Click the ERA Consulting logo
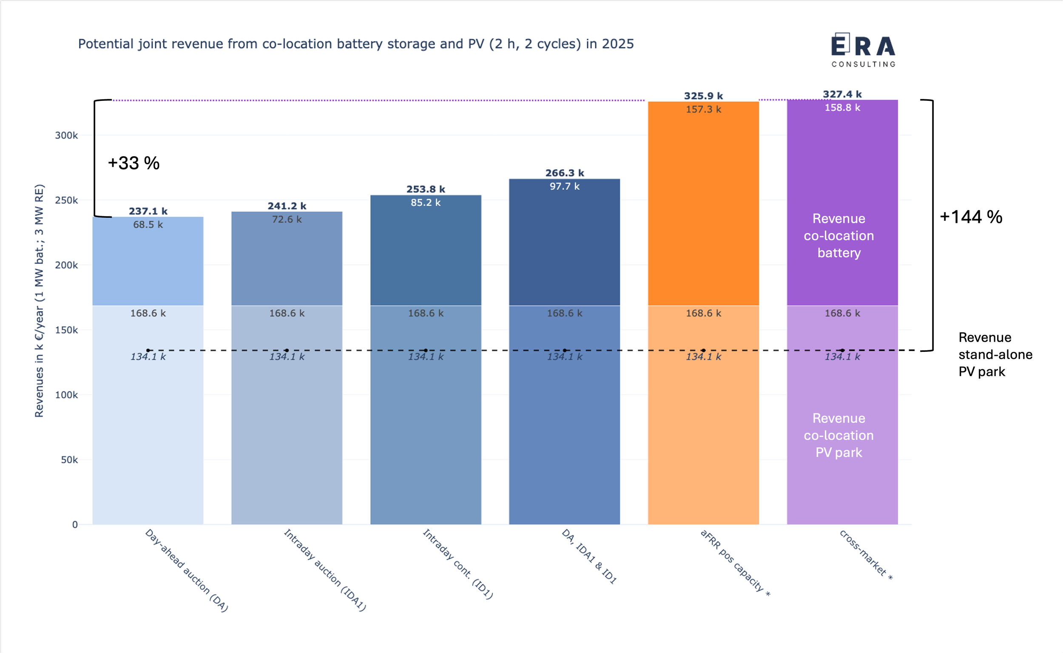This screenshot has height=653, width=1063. [x=863, y=50]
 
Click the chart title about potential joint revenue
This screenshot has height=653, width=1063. [x=355, y=44]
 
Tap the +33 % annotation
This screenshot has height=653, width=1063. [x=134, y=163]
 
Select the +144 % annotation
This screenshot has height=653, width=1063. [x=971, y=217]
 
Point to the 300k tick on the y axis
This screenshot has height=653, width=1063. [x=66, y=136]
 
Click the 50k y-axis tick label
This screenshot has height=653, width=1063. [x=69, y=460]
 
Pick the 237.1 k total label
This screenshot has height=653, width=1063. [x=148, y=211]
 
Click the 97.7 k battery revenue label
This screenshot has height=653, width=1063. [x=565, y=187]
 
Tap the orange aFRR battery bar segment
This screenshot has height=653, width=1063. [x=703, y=207]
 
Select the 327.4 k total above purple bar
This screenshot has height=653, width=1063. [x=842, y=94]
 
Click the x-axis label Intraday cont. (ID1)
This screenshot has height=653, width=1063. [x=458, y=564]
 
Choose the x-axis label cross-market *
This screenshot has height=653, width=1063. [x=866, y=555]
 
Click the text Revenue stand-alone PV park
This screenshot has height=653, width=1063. [x=995, y=354]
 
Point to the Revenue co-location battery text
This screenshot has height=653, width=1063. [x=838, y=236]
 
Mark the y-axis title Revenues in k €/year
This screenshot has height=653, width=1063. [x=39, y=301]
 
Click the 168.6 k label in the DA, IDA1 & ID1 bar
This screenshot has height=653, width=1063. [x=565, y=314]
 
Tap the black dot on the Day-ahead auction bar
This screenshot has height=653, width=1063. [x=148, y=351]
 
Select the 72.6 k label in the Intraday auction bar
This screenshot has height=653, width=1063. [x=287, y=220]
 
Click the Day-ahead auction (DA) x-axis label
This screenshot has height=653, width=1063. [x=186, y=570]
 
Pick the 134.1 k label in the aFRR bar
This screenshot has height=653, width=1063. [x=703, y=357]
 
